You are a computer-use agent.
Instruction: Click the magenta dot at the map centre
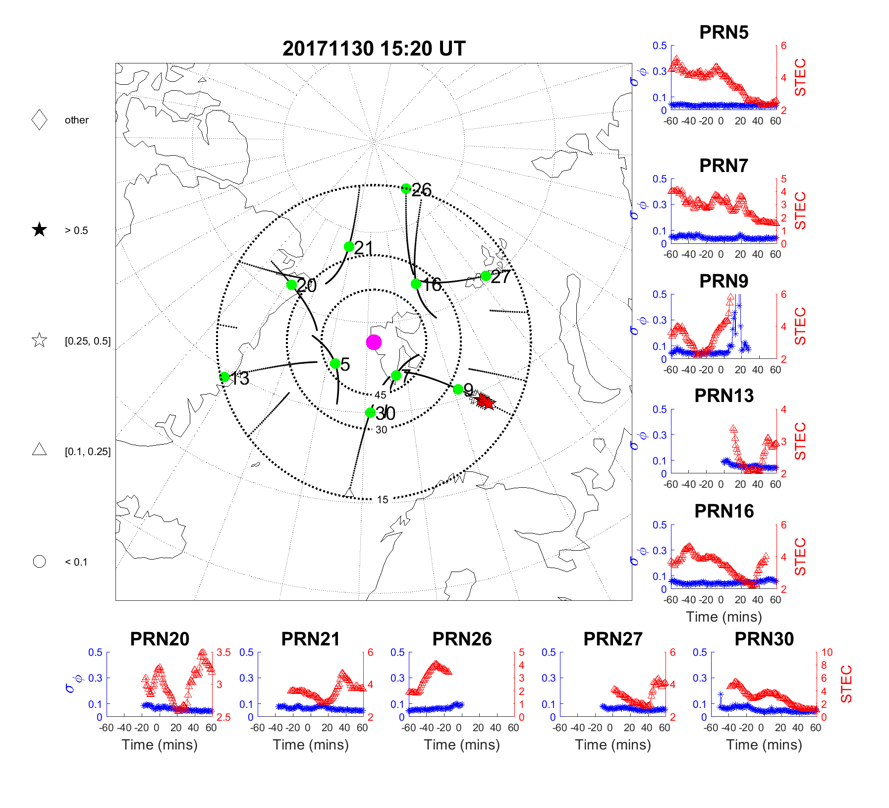click(374, 342)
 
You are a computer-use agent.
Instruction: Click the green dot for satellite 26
click(406, 188)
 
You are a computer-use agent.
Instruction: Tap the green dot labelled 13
click(224, 377)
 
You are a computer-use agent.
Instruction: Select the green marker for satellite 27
click(486, 276)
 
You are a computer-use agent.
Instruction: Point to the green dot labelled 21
click(349, 246)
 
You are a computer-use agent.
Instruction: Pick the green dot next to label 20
click(291, 285)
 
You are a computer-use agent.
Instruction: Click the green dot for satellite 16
click(416, 284)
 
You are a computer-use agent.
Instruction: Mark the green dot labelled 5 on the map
click(335, 363)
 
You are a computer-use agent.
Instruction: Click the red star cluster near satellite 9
click(485, 401)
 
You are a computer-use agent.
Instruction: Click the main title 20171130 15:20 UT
click(374, 49)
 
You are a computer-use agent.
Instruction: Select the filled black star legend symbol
click(39, 230)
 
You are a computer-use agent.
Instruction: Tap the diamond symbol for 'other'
click(39, 120)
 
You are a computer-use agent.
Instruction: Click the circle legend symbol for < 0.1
click(39, 562)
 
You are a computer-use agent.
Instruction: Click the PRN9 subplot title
click(723, 281)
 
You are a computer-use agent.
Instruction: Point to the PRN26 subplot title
click(462, 639)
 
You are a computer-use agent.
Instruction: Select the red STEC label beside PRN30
click(846, 684)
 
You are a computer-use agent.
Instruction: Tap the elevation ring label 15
click(383, 500)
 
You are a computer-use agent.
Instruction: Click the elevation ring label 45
click(380, 395)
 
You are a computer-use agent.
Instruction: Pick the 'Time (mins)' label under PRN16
click(723, 617)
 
